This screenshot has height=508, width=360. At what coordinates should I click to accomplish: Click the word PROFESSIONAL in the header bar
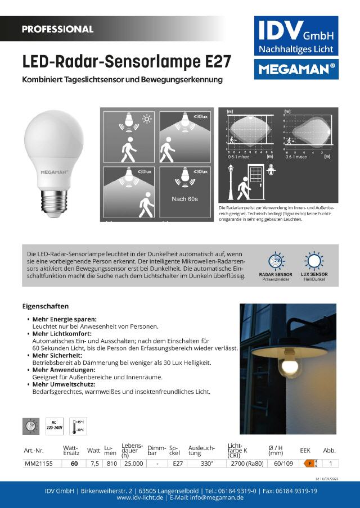(x=57, y=29)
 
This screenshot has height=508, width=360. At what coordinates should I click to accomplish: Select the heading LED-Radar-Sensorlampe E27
(x=126, y=61)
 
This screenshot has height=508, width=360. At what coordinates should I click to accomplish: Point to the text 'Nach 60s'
(x=184, y=199)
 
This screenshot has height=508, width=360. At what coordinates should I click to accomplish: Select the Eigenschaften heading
(x=46, y=306)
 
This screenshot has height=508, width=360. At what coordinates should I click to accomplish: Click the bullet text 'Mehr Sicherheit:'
(x=56, y=356)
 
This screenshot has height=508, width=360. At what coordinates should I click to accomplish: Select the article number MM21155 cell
(x=39, y=464)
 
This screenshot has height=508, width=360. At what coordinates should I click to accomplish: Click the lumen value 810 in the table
(x=111, y=464)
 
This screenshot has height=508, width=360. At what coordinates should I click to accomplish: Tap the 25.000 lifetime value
(x=133, y=464)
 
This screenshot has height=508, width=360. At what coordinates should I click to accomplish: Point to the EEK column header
(x=305, y=450)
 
